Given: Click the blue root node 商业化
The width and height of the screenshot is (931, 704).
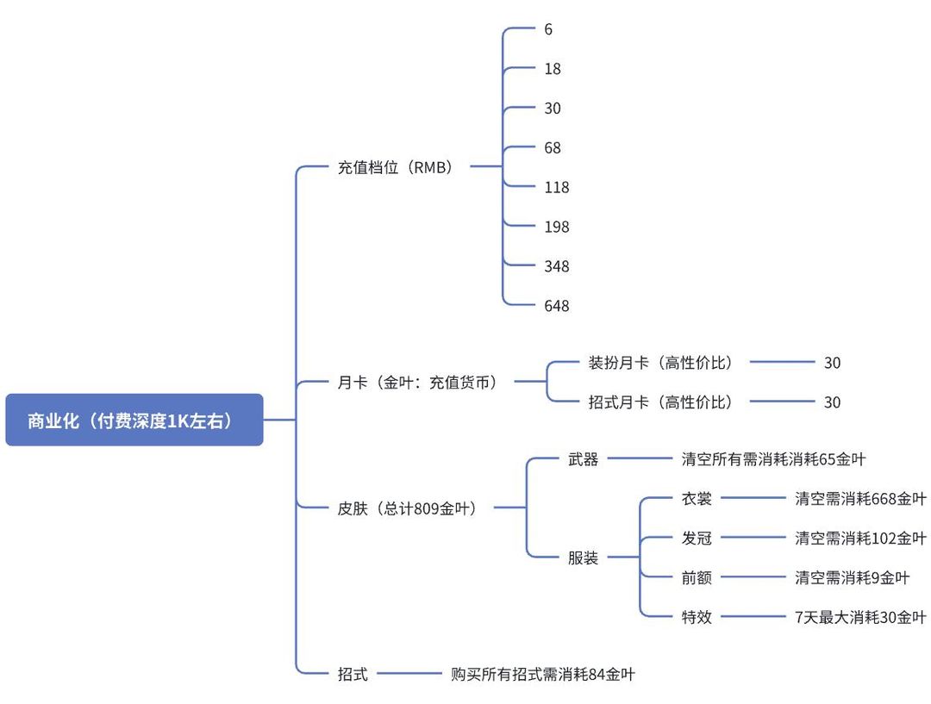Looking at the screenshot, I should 134,420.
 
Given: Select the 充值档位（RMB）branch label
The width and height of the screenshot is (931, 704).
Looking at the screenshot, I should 395,167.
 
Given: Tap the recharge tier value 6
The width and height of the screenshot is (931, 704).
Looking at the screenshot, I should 548,29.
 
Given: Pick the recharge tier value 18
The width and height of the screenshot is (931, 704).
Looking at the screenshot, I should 552,69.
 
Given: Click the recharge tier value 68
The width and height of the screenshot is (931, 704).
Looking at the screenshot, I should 552,148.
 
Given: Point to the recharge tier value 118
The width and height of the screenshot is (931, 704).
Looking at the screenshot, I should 556,188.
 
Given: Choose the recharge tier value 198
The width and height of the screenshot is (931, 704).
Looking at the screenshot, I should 556,227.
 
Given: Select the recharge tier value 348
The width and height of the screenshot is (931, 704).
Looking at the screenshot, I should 556,267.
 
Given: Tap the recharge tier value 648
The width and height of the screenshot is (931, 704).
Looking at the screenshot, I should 556,307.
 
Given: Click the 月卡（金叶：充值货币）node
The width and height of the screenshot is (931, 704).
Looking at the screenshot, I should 417,382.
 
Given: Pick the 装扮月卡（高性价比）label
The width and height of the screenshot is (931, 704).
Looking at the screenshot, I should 660,363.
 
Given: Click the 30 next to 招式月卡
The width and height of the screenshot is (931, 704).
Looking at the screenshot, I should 832,402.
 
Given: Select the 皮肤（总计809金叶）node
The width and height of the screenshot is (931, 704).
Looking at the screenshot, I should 407,508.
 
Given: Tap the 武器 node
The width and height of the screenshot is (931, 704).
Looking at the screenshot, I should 583,460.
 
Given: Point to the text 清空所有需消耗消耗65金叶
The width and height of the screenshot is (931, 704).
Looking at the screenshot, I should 773,460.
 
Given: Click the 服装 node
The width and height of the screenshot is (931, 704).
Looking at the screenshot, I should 583,558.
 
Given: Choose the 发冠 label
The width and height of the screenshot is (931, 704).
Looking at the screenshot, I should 697,539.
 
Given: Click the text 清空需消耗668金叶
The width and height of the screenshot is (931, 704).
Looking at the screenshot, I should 860,499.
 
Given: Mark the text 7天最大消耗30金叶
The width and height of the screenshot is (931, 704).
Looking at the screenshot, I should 860,618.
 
